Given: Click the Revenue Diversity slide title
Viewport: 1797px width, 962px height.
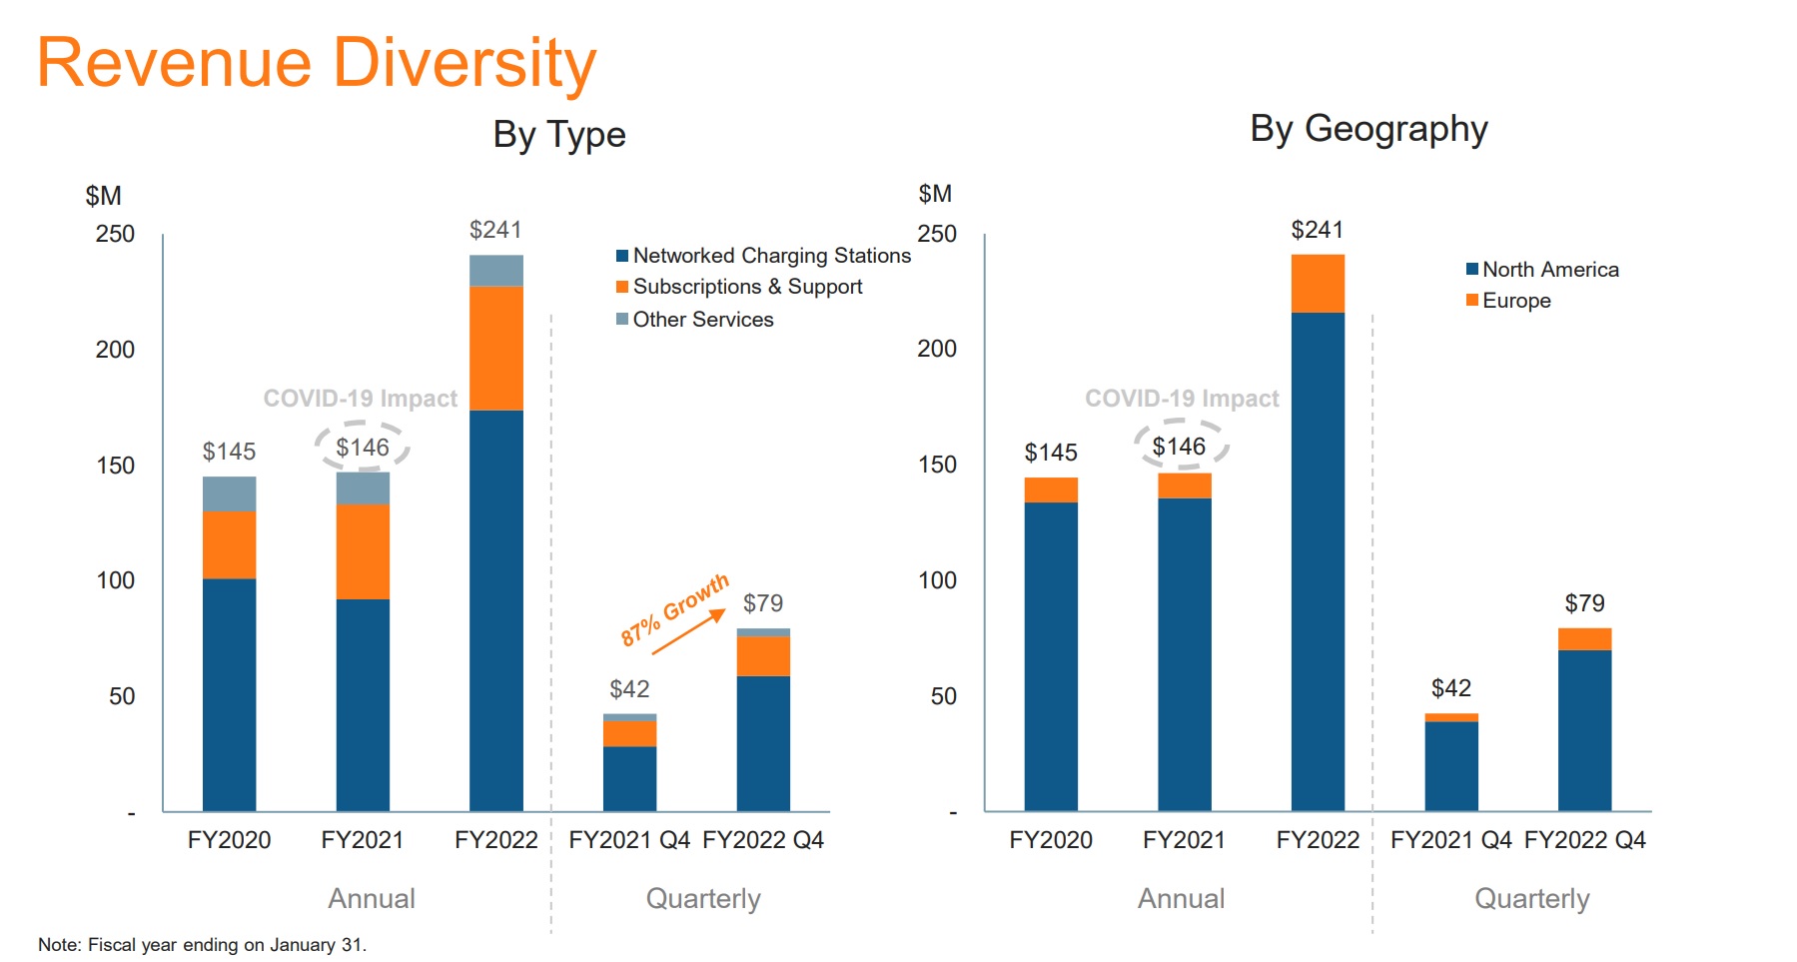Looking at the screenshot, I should point(316,63).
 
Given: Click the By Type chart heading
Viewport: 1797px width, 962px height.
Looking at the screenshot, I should point(558,135).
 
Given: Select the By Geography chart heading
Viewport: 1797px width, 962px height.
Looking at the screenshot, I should point(1367,129).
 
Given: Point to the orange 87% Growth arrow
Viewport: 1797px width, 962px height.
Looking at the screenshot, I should point(688,633).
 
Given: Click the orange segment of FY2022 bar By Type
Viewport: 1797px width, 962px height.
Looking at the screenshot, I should point(495,348).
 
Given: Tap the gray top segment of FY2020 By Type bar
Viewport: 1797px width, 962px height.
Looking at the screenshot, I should point(229,493).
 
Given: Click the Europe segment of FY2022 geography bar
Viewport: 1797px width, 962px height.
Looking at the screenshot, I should point(1317,284).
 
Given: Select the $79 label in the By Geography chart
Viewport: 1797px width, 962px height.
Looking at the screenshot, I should point(1583,603).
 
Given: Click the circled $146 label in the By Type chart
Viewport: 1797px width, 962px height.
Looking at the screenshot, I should point(362,448).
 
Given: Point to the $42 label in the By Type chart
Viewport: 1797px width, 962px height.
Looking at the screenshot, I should point(629,689).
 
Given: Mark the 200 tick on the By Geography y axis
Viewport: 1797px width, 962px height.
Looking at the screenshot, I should point(936,349).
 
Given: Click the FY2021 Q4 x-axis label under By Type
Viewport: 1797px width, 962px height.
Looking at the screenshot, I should point(628,840).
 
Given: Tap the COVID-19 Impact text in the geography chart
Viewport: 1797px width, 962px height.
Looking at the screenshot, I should point(1181,399).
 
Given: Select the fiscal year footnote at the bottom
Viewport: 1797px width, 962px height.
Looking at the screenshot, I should point(202,945).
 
